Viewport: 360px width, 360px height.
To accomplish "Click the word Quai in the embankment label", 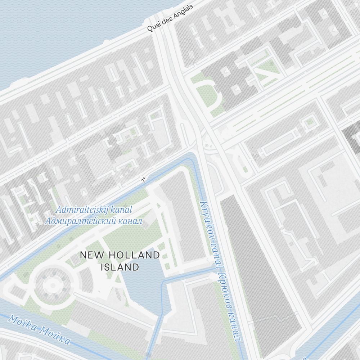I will point(154,27).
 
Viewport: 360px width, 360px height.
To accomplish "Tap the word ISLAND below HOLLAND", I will point(120,267).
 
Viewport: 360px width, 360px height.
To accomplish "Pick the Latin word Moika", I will point(23,323).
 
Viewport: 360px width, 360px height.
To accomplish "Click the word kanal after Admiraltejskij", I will point(121,210).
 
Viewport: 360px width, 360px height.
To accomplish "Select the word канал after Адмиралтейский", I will point(130,221).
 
